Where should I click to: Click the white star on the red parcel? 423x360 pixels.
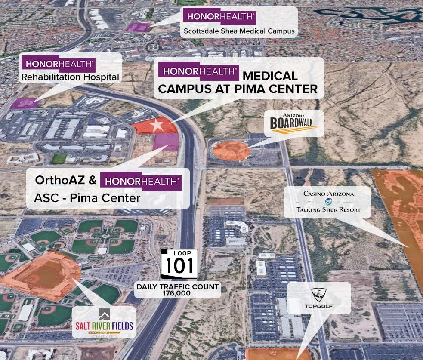[157, 125]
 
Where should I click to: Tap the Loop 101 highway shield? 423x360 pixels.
[179, 263]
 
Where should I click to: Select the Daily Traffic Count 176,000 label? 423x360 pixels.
[178, 290]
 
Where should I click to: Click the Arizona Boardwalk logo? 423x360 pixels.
[294, 123]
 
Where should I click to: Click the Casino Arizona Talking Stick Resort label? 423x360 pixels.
[328, 202]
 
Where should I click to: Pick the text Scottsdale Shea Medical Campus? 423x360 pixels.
[239, 31]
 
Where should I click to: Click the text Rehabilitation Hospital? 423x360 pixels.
[70, 77]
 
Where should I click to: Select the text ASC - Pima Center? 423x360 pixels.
[87, 198]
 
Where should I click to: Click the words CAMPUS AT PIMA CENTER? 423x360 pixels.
[238, 89]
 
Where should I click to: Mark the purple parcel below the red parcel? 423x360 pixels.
[166, 142]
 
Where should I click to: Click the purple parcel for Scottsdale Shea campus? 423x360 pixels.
[138, 27]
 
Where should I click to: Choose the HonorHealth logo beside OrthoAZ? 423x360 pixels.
[141, 181]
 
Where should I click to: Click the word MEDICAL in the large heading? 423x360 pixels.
[270, 76]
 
